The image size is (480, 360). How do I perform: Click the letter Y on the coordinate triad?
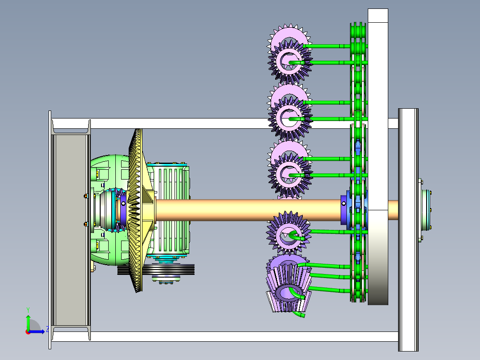[28, 310]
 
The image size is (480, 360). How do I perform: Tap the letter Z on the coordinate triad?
[48, 329]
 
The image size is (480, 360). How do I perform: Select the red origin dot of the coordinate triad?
[28, 332]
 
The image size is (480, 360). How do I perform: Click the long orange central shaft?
[248, 210]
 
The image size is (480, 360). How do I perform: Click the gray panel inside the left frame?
[70, 230]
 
